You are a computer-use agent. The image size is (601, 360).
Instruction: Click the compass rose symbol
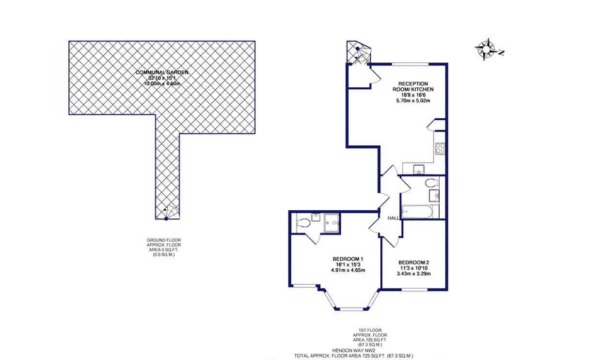tap(485, 49)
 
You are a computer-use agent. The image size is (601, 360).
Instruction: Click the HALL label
tap(393, 219)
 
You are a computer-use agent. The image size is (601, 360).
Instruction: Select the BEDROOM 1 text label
tap(348, 259)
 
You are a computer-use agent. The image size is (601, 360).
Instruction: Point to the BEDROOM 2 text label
tap(414, 262)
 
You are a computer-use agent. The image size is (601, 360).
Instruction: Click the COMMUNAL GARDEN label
tap(161, 72)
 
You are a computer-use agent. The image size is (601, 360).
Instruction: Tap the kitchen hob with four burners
tap(441, 148)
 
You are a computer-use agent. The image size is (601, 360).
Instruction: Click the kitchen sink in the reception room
tap(419, 169)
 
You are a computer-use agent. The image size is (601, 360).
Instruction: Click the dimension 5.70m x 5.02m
tap(412, 101)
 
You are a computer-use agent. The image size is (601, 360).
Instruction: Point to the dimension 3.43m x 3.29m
tap(414, 274)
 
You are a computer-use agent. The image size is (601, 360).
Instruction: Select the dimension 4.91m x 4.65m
tap(348, 270)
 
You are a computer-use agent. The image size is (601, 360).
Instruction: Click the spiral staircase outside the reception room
tap(359, 52)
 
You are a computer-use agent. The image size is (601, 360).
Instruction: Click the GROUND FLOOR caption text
tap(163, 240)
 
